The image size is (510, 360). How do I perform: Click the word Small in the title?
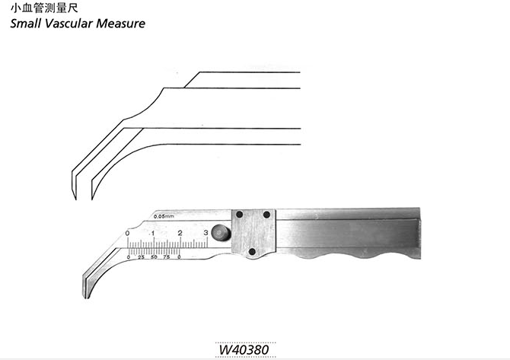click(x=25, y=24)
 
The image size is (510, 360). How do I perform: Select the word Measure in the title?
click(x=121, y=24)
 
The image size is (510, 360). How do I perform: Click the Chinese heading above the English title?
click(x=44, y=8)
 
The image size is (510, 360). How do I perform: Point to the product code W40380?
click(x=244, y=350)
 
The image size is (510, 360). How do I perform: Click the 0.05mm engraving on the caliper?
click(x=164, y=216)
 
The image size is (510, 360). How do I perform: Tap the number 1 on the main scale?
click(x=152, y=234)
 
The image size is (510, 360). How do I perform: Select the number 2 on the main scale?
click(x=180, y=233)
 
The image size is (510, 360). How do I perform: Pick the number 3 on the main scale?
click(x=206, y=233)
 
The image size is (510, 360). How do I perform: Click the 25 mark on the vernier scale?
click(x=141, y=257)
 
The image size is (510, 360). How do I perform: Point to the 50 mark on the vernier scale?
click(x=154, y=257)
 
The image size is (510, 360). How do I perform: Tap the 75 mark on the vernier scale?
click(x=167, y=257)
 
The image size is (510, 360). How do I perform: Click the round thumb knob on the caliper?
click(x=221, y=233)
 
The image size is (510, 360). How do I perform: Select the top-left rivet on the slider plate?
click(x=239, y=215)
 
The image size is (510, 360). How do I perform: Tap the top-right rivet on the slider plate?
click(x=266, y=215)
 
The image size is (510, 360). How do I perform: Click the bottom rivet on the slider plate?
click(x=252, y=251)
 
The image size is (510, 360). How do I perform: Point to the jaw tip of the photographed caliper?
click(x=86, y=298)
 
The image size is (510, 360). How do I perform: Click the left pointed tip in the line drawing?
click(x=75, y=199)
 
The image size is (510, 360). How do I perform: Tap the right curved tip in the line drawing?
click(x=92, y=199)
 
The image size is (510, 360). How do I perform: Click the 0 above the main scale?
click(x=127, y=234)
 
